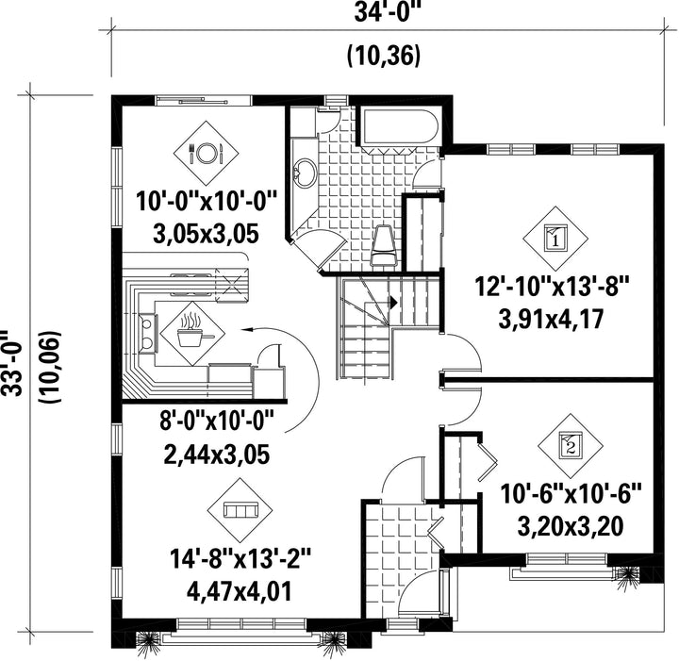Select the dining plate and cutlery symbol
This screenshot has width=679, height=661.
point(206,153)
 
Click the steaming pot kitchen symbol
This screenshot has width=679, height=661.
point(192,333)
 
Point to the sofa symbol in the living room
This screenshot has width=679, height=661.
point(240,510)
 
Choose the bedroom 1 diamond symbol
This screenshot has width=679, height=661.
point(555,238)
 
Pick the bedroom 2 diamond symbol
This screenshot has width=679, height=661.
point(571,446)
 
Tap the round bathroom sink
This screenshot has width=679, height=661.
point(306,173)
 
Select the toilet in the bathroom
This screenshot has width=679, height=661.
point(384,245)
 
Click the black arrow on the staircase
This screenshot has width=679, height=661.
point(393,302)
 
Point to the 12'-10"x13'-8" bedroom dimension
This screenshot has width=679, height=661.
point(552,288)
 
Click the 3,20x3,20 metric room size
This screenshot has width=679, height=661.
point(571,526)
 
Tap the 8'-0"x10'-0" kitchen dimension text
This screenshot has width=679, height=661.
point(217,421)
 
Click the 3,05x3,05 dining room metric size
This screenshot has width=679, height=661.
point(206,234)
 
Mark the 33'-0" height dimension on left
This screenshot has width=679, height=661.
point(10,363)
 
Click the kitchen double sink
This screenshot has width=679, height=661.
point(148,333)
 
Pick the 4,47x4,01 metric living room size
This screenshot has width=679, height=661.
point(239,592)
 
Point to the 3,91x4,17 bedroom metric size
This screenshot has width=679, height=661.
point(552,321)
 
